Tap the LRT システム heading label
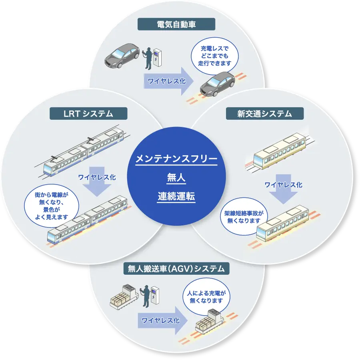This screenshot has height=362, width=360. tap(88, 114)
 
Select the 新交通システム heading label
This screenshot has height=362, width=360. tap(264, 114)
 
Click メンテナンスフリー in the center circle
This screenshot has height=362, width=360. tap(176, 159)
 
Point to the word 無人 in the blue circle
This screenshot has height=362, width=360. tap(176, 178)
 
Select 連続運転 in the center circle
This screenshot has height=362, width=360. tap(176, 197)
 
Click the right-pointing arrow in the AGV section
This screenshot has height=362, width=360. tap(162, 321)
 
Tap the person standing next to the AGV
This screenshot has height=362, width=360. tap(145, 295)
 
